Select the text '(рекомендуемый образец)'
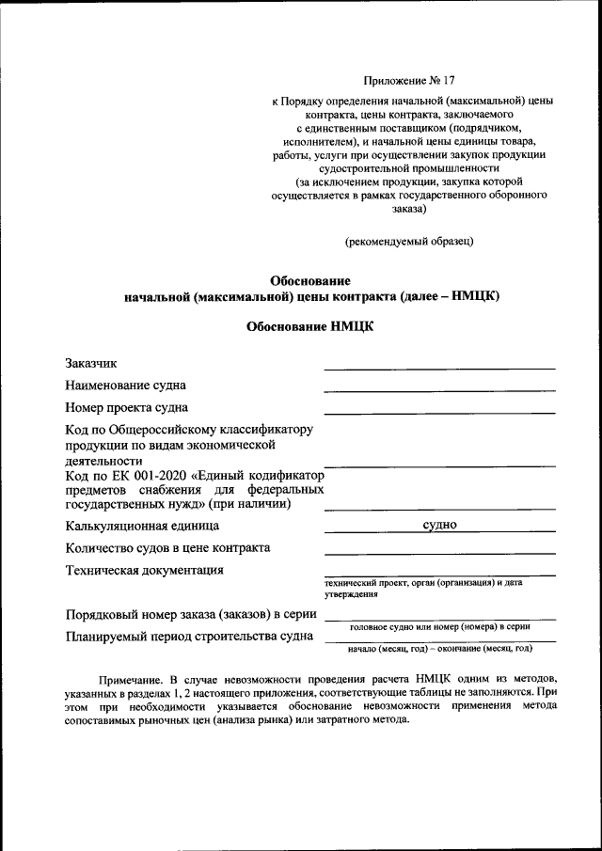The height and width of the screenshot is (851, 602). [x=408, y=241]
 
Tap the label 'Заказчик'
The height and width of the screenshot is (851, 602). [x=91, y=363]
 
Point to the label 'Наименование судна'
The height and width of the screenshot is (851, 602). [x=125, y=386]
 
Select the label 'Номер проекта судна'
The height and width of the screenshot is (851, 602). [x=126, y=408]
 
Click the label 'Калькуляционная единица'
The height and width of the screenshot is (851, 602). [x=142, y=526]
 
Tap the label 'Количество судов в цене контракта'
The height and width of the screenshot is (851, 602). [x=167, y=548]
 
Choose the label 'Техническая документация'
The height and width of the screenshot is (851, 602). [x=144, y=570]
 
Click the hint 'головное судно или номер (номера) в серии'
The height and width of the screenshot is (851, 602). [x=440, y=625]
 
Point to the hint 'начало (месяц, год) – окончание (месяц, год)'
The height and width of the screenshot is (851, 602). [x=440, y=649]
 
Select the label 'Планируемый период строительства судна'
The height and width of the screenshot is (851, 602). [x=189, y=637]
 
